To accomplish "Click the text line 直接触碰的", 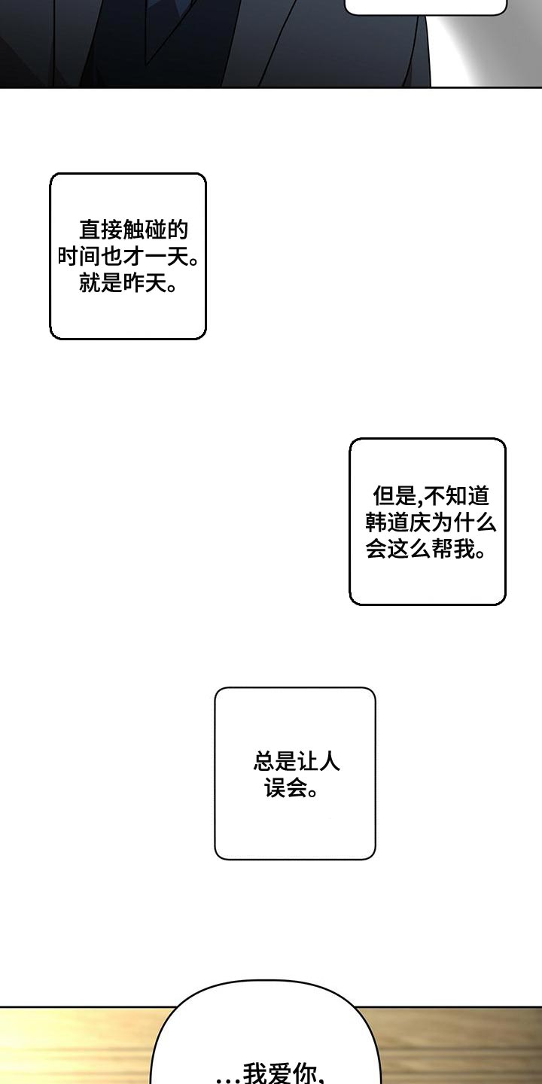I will [133, 230].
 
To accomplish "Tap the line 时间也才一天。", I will [128, 257].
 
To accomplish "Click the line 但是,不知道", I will [431, 495].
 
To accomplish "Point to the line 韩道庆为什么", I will [431, 522].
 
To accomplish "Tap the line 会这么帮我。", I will [425, 550].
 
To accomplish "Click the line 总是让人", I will [297, 762].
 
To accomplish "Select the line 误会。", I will [291, 789].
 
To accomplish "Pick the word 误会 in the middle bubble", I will [282, 789].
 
